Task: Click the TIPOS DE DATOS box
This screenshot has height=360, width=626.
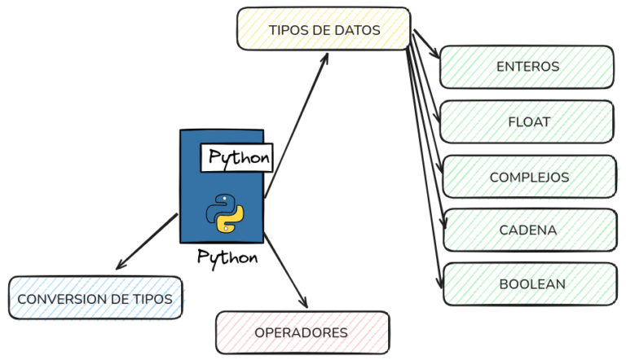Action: [x=324, y=29]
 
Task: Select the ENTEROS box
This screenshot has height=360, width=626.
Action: [x=527, y=67]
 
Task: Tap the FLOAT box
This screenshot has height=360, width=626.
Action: [x=527, y=122]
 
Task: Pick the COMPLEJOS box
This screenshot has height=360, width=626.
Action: [x=529, y=177]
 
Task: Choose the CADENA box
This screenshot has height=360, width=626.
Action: [x=528, y=230]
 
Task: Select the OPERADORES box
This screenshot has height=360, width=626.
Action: [x=302, y=332]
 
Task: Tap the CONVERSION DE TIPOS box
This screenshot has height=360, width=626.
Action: [x=95, y=299]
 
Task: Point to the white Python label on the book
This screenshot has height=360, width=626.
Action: [x=237, y=157]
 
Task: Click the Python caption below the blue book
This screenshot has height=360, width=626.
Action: [x=227, y=257]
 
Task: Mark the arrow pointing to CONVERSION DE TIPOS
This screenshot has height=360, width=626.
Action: [x=147, y=241]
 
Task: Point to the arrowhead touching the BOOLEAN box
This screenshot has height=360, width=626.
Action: [x=440, y=286]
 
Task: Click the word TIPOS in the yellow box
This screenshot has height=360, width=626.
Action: [x=286, y=30]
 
